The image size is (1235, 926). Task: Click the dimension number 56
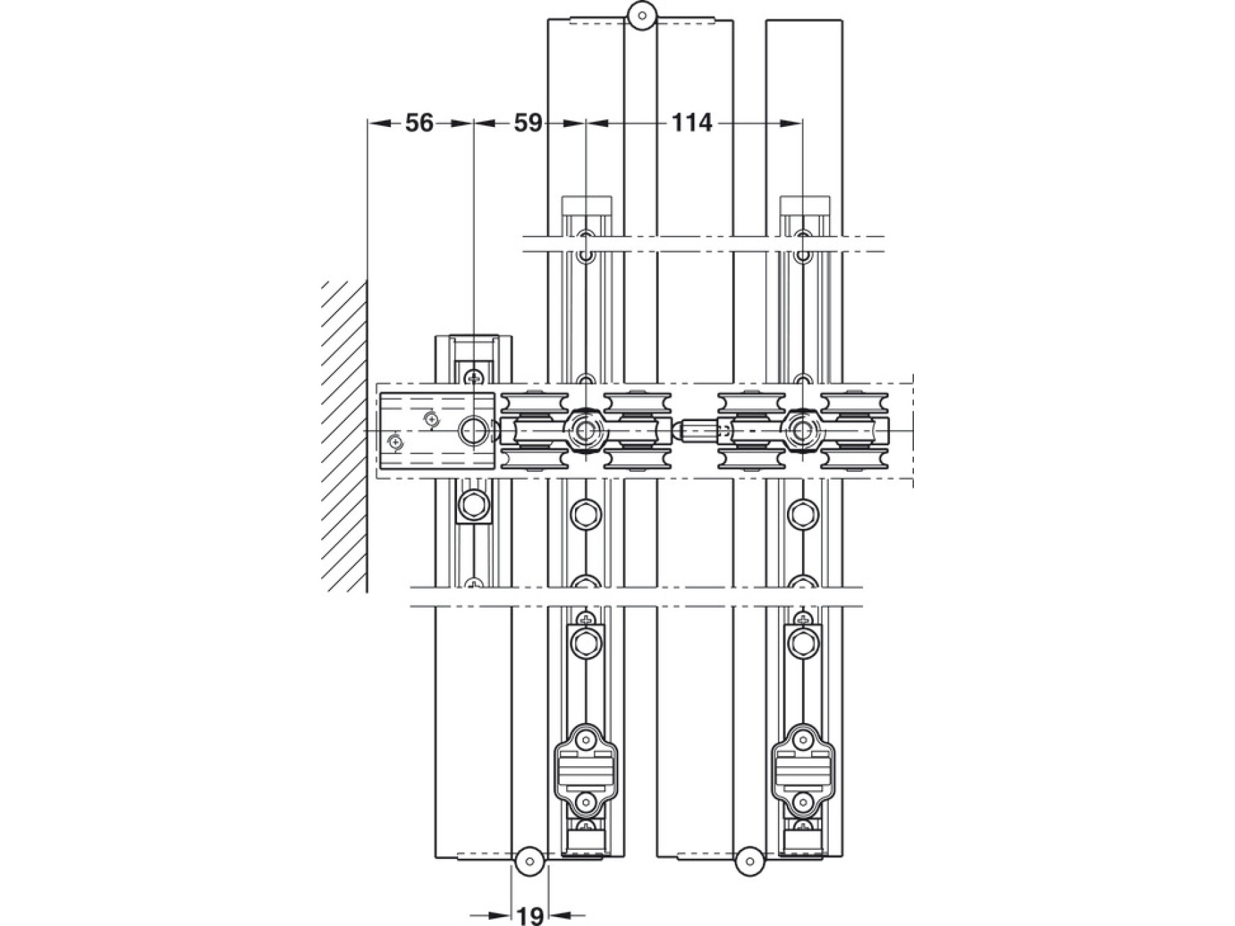click(x=419, y=123)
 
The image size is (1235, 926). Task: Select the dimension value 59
click(x=528, y=123)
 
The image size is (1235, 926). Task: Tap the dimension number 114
click(x=691, y=123)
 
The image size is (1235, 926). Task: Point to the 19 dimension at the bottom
click(x=530, y=915)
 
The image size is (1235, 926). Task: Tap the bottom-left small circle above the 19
click(x=529, y=861)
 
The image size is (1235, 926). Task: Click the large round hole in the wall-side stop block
click(x=471, y=431)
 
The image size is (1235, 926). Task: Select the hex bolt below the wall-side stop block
click(x=473, y=506)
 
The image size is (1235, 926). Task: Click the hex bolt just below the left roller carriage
click(x=585, y=513)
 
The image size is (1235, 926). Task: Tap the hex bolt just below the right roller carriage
click(x=802, y=513)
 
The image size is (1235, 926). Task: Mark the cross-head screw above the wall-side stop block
click(x=473, y=377)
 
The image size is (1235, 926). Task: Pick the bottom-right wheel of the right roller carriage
click(x=854, y=459)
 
